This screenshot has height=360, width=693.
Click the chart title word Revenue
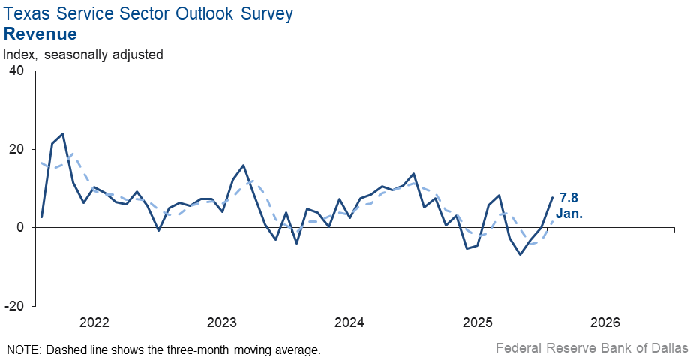click(x=40, y=34)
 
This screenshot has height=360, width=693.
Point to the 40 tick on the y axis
click(x=16, y=70)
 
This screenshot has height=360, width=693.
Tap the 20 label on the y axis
click(x=16, y=149)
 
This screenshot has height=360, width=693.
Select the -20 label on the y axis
click(x=13, y=306)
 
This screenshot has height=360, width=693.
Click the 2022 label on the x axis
click(x=94, y=323)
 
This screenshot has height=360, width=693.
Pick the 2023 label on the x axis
click(x=222, y=323)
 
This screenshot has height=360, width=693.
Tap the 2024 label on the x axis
click(x=349, y=323)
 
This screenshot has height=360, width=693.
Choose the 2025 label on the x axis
click(x=477, y=323)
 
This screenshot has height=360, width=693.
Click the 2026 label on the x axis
click(x=604, y=323)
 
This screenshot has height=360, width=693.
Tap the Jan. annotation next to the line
click(x=569, y=214)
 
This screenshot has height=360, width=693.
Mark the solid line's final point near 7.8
click(x=553, y=197)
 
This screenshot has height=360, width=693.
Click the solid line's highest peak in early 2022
click(x=62, y=134)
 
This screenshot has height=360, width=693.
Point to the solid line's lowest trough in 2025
click(x=520, y=254)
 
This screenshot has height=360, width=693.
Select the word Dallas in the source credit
click(x=669, y=347)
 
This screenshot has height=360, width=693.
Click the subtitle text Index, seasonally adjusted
click(x=83, y=55)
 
